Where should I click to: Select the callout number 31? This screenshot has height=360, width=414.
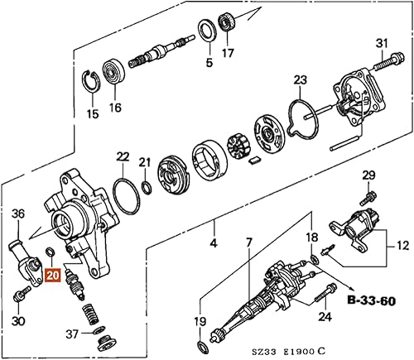382,43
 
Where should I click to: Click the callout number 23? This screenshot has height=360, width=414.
301,80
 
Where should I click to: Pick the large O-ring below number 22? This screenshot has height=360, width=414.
125,195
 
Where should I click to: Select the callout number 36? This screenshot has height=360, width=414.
18,214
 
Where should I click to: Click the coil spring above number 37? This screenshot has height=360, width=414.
90,314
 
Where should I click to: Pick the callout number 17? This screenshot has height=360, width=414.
229,59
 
